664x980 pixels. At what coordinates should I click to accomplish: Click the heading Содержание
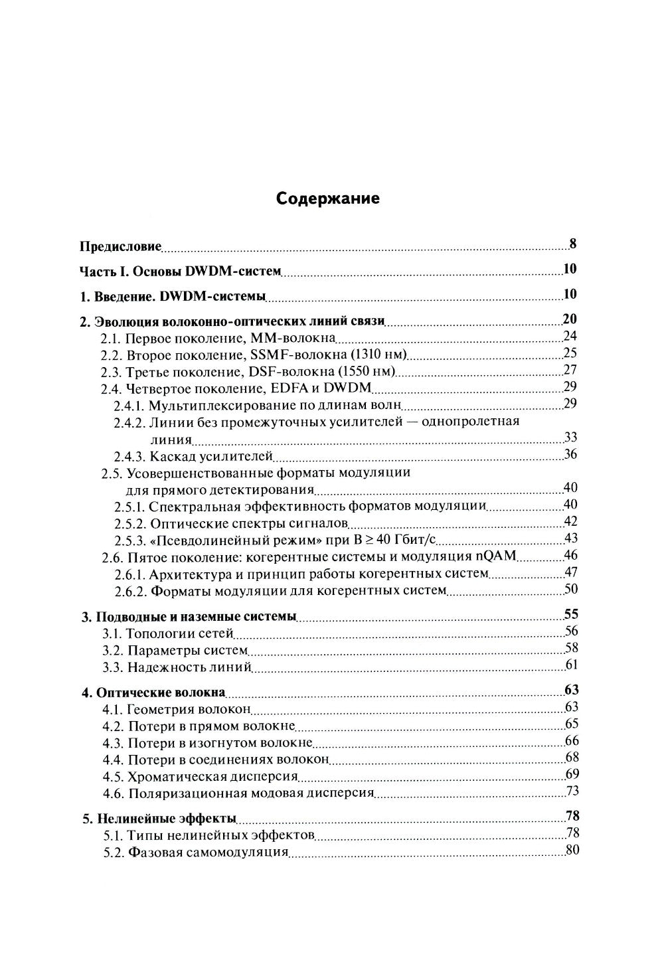pyautogui.click(x=328, y=198)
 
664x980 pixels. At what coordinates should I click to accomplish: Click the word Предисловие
pyautogui.click(x=120, y=246)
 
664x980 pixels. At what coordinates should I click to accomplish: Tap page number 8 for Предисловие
pyautogui.click(x=572, y=244)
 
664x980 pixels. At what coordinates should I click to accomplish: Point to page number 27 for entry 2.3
pyautogui.click(x=570, y=370)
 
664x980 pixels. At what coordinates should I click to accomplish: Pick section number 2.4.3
pyautogui.click(x=129, y=456)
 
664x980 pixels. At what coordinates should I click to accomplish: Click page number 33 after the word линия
pyautogui.click(x=570, y=437)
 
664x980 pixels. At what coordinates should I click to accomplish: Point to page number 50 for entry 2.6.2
pyautogui.click(x=570, y=589)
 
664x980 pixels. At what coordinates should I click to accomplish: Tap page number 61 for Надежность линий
pyautogui.click(x=572, y=665)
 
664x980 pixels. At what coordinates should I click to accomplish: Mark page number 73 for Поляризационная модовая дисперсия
pyautogui.click(x=572, y=791)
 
